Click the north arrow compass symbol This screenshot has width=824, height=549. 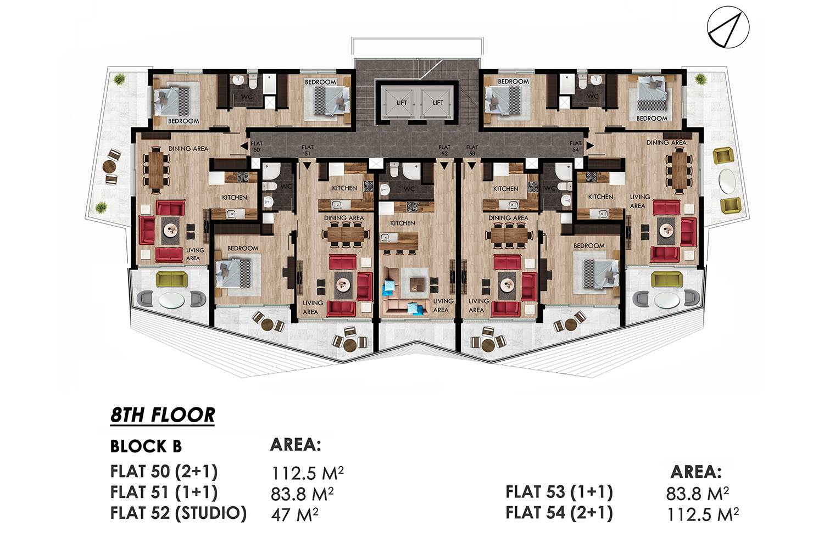728,27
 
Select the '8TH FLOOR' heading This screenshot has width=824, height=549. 162,415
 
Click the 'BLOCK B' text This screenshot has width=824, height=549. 146,446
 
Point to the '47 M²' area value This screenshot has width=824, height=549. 294,515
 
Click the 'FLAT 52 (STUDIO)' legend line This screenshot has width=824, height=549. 179,513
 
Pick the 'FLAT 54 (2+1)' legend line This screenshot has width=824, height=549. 559,513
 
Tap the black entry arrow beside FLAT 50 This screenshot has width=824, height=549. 244,147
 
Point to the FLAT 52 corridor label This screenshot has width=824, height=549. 444,150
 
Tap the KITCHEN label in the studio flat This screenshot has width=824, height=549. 403,223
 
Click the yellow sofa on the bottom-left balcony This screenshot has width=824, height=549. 171,279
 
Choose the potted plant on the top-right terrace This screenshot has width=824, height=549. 700,79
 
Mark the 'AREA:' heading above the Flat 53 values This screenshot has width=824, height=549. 696,472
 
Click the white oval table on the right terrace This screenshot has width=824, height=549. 727,181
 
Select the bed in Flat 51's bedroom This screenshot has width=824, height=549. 234,272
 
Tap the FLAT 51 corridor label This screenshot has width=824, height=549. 307,150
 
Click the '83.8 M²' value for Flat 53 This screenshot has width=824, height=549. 697,494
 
